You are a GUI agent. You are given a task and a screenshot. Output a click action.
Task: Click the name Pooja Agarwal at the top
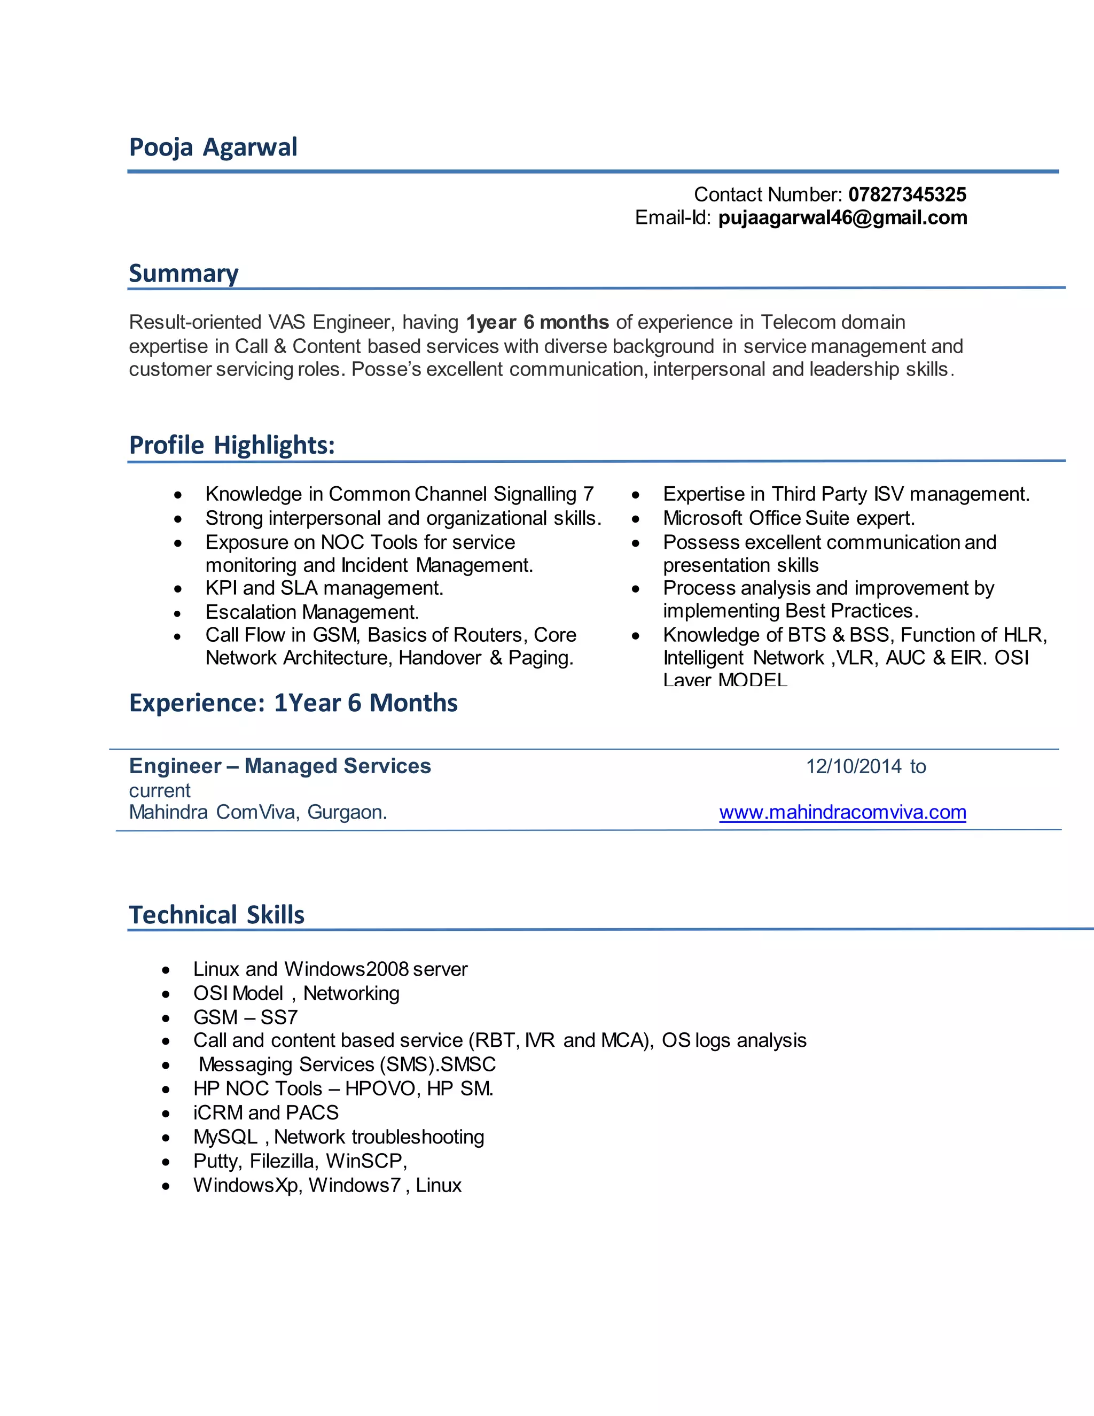pos(213,147)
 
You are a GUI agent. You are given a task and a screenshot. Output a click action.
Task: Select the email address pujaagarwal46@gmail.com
pos(842,218)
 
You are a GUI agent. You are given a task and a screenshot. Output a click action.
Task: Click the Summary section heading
pos(183,274)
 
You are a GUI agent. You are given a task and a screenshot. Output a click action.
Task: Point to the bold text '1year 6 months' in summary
pos(537,322)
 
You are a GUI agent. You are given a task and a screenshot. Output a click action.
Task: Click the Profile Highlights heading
pos(231,446)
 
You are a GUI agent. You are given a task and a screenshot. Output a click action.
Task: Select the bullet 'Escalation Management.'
pos(312,612)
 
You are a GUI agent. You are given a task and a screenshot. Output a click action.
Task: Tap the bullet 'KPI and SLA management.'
pos(324,588)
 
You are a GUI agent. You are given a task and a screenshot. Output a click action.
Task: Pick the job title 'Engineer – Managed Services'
pos(279,766)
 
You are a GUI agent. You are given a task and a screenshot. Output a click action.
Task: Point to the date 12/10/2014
pos(853,767)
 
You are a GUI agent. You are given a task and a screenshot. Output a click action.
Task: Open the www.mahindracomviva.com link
pos(842,812)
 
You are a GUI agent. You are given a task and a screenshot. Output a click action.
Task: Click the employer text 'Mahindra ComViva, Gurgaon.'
pos(257,812)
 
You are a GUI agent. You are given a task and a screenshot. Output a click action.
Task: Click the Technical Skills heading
pos(216,915)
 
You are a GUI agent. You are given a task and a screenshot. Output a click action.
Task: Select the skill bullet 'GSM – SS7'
pos(245,1017)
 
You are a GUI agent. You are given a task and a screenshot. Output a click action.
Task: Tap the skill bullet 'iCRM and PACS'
pos(265,1112)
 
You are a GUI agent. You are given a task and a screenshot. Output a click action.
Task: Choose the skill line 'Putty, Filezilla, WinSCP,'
pos(300,1161)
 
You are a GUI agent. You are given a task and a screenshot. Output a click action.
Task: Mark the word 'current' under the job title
pos(159,791)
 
